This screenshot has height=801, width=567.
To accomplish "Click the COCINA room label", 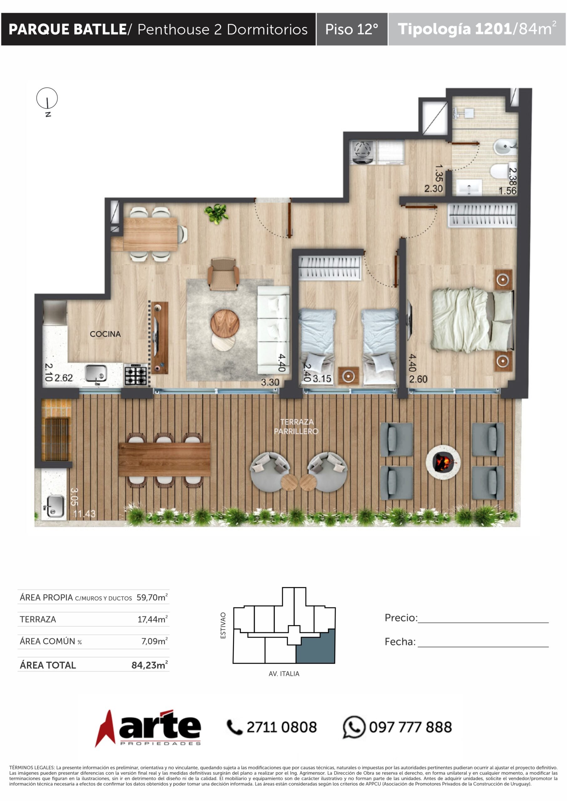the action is (105, 334).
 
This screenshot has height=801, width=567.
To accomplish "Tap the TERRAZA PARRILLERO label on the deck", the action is (296, 426).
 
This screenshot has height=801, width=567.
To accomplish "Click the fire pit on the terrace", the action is (443, 462).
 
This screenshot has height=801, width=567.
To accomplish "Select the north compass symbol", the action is (47, 99).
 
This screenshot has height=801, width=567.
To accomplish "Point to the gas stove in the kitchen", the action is (136, 375).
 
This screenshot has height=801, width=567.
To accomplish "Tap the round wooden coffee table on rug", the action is (224, 323).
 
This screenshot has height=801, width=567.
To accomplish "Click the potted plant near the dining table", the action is (216, 213).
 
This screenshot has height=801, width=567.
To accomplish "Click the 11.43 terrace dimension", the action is (84, 513).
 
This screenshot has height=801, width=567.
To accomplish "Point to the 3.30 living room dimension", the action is (270, 382).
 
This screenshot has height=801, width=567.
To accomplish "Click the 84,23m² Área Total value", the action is (149, 665).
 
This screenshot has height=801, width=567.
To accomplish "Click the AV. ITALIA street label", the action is (284, 674).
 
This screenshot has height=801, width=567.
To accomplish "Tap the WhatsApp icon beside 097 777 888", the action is (354, 727).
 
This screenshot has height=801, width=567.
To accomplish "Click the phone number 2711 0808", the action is (281, 727).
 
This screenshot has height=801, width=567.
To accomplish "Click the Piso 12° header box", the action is (352, 29).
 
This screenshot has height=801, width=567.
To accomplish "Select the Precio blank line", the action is (483, 622).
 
